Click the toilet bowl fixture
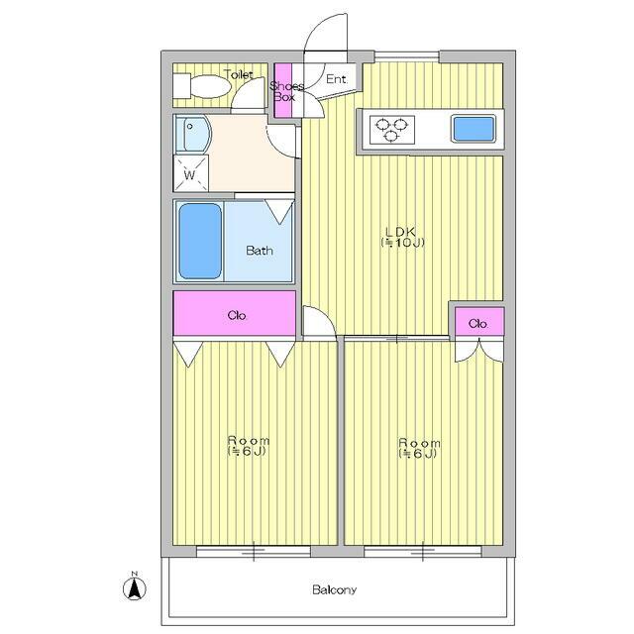coord(202,86)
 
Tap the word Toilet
coord(239,74)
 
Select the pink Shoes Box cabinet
coord(283,90)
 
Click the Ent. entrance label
coord(337,79)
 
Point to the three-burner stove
coord(392,130)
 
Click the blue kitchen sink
coord(474,129)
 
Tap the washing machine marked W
coord(190,173)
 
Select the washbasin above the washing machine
coord(192,134)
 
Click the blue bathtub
coord(200,241)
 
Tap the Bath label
coord(260,251)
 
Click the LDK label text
coord(400,232)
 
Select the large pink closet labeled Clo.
coord(235,313)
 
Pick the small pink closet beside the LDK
coord(479,322)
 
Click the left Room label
coord(248,440)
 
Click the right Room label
coord(419,443)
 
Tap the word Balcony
coord(334,589)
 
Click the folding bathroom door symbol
coord(279,211)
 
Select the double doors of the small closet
coord(479,351)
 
